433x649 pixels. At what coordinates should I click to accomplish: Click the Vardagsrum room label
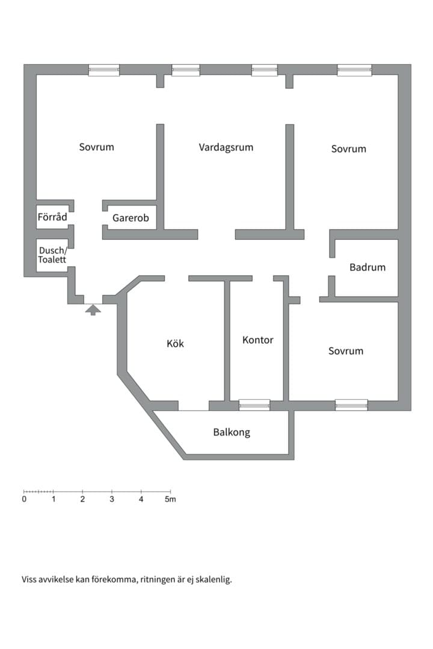coord(226,147)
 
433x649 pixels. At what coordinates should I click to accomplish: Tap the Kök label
coord(175,344)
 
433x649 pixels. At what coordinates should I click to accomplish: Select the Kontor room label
coord(258,340)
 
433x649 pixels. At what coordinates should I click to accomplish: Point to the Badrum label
coord(367,267)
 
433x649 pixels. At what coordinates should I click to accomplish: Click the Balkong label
coord(232,433)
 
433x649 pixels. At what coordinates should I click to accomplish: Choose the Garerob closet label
coord(131,218)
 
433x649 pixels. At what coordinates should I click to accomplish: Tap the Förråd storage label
coord(52,217)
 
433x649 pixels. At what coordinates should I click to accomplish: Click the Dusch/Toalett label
coord(53,255)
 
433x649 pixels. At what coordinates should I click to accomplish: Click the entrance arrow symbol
coord(93,309)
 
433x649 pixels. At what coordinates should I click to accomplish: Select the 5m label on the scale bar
coord(170,499)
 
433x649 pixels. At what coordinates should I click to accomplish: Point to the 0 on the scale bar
coord(24,499)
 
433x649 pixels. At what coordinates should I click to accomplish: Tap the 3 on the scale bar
coord(112,499)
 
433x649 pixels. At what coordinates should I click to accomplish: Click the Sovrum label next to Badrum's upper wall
coord(348,149)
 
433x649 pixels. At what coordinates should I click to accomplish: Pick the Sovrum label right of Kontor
coord(346,351)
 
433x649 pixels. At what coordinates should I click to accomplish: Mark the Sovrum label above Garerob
coord(97,147)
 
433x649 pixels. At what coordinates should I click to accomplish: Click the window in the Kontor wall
coord(254,405)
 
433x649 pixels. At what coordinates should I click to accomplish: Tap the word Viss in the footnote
coord(29,579)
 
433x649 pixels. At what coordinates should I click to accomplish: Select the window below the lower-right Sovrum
coord(351,405)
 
